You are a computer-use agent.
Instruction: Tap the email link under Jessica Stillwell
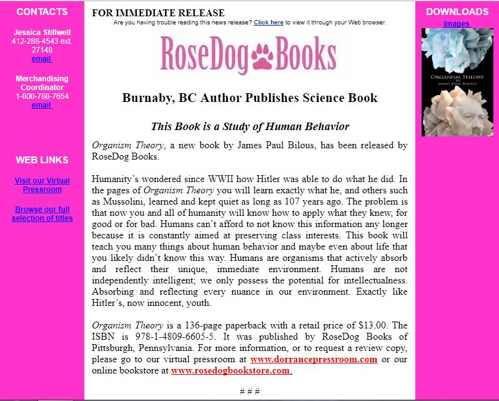[41, 59]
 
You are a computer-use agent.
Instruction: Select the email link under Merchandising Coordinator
[41, 105]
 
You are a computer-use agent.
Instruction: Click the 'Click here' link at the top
[269, 23]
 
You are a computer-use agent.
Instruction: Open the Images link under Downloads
[457, 24]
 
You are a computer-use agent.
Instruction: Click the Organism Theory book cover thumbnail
[457, 82]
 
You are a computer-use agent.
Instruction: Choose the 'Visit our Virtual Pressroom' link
[42, 185]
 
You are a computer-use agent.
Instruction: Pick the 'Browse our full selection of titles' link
[42, 214]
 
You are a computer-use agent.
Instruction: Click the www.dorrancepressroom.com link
[314, 360]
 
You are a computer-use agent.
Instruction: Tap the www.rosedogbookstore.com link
[231, 370]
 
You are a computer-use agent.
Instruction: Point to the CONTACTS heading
[42, 11]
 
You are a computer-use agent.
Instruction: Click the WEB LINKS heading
[42, 160]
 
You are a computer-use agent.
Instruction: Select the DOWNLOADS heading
[457, 11]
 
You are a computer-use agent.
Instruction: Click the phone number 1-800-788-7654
[42, 96]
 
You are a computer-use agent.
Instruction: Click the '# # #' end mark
[249, 392]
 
